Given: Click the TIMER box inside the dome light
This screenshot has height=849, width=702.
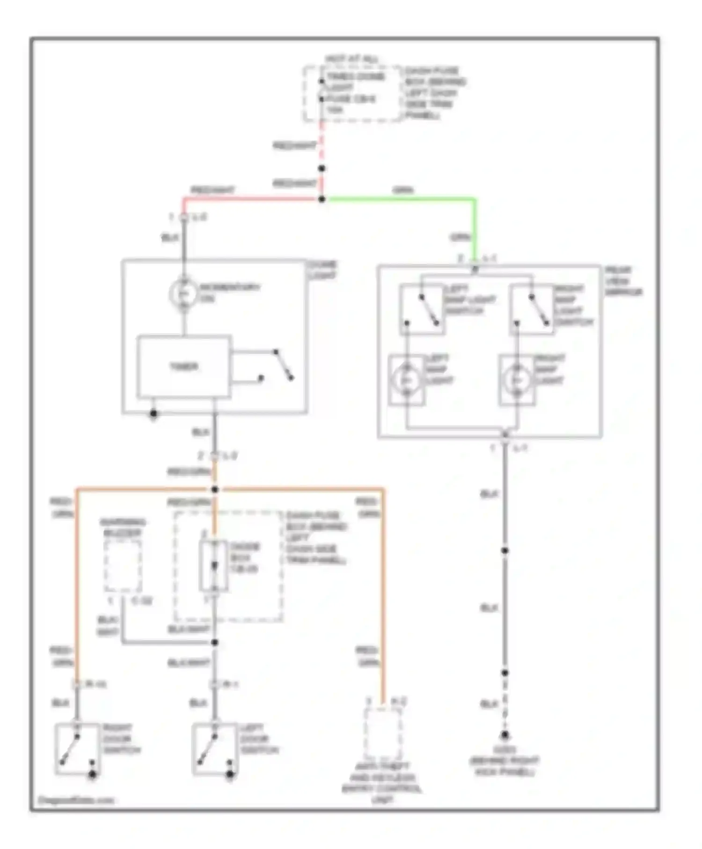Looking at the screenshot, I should (x=184, y=367).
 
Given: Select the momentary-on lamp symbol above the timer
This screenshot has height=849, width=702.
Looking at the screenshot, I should (x=183, y=293).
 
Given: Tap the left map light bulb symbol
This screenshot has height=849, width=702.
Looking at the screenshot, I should (x=406, y=380).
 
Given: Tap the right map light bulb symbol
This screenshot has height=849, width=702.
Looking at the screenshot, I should (x=516, y=380).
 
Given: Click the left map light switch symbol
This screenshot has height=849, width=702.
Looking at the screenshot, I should (x=422, y=309).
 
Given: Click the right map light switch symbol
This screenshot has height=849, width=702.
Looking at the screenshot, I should (x=532, y=309).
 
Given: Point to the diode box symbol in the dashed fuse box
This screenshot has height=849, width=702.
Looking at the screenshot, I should (x=214, y=566).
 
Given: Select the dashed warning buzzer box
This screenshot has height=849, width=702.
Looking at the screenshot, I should (x=123, y=566).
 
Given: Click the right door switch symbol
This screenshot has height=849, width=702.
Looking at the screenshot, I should (x=77, y=749).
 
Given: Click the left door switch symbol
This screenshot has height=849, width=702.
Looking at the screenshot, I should (x=214, y=749).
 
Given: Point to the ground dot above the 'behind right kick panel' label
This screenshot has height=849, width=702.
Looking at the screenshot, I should (x=505, y=735).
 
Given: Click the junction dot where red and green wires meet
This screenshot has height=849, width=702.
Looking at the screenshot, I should (x=322, y=199).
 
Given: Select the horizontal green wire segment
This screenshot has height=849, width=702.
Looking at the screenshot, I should (x=398, y=199).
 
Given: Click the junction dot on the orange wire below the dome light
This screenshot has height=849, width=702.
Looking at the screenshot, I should (x=215, y=490).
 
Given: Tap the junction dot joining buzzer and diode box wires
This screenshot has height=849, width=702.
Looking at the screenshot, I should (x=215, y=643).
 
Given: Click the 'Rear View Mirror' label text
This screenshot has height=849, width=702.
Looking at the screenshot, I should (x=623, y=281).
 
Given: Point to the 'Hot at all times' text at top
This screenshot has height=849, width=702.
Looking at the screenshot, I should (x=352, y=60).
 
